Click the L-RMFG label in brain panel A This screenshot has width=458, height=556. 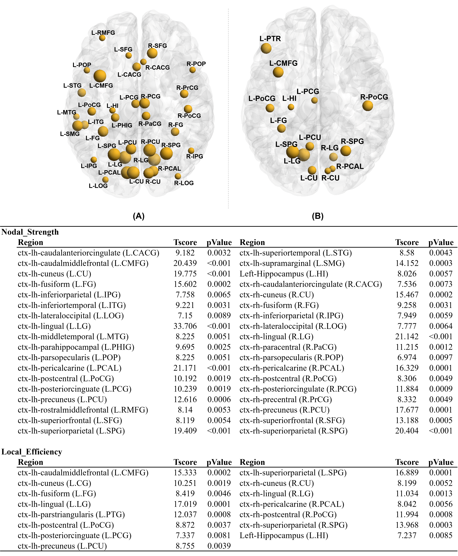[103, 33]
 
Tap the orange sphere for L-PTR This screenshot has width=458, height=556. [266, 48]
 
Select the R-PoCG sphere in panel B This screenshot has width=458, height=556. [367, 106]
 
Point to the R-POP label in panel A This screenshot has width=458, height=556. [196, 64]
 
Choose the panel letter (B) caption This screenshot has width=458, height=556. [318, 216]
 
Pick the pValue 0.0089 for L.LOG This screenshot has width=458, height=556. [219, 316]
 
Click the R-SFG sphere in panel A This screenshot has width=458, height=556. [152, 53]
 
